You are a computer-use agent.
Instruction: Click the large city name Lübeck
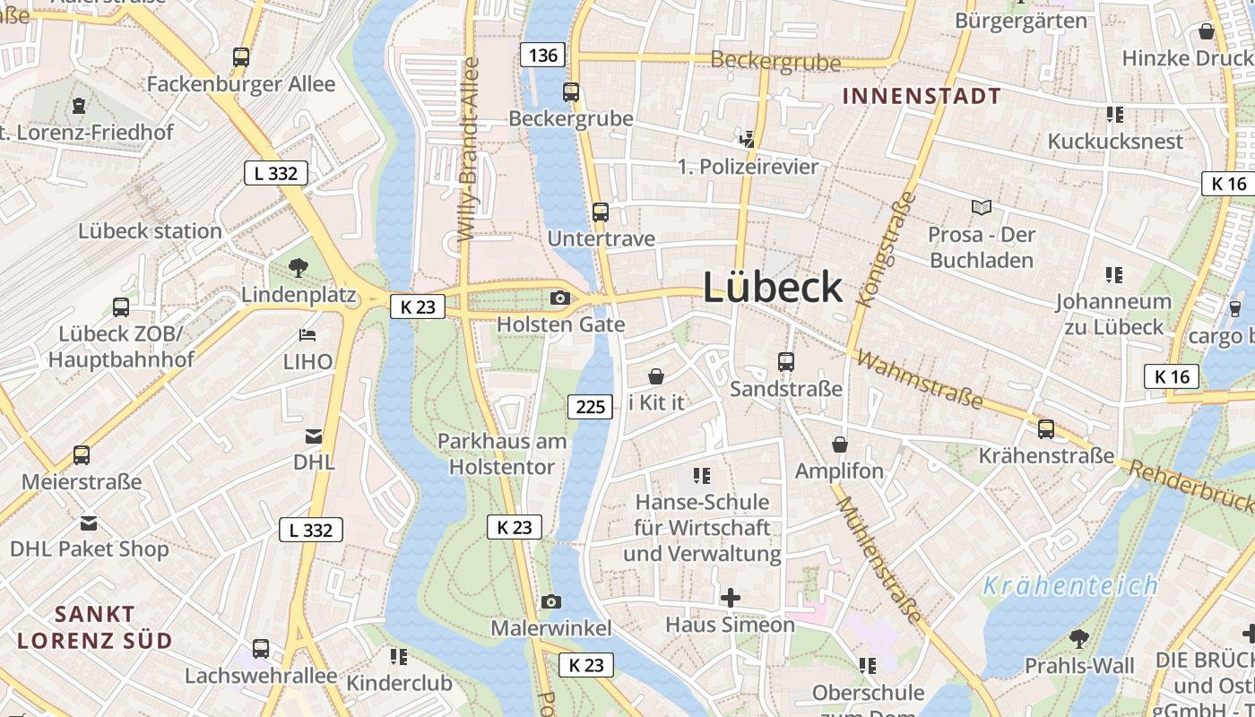773,288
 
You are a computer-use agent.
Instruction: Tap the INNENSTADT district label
921,97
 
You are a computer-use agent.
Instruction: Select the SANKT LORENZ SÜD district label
94,627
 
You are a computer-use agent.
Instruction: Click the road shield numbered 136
542,56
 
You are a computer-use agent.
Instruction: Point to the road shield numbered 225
590,407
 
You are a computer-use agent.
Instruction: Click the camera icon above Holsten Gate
560,298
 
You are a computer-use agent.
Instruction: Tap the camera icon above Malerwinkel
551,601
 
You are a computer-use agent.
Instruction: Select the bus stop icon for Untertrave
601,212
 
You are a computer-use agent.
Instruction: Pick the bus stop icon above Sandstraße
786,361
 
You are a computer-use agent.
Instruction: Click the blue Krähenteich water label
1070,587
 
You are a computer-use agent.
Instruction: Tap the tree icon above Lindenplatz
299,267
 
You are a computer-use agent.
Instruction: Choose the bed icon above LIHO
307,335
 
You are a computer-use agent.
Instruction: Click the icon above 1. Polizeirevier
748,139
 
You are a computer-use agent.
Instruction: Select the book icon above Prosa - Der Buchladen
982,207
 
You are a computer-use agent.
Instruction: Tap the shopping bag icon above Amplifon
840,445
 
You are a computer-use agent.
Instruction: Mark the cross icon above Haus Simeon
731,597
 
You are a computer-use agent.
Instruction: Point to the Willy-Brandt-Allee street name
469,150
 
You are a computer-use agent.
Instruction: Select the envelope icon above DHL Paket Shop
89,523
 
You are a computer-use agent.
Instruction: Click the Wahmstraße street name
919,377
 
